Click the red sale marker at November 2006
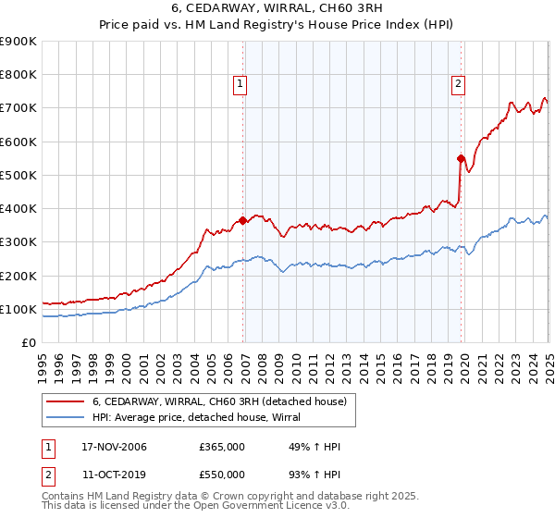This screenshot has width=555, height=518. pyautogui.click(x=243, y=220)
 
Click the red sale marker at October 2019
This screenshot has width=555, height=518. pyautogui.click(x=461, y=158)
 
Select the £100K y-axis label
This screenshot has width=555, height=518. pyautogui.click(x=18, y=309)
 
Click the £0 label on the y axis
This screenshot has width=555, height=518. pyautogui.click(x=28, y=342)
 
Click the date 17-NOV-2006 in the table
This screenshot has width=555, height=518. pyautogui.click(x=113, y=448)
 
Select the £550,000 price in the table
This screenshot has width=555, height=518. pyautogui.click(x=221, y=474)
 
